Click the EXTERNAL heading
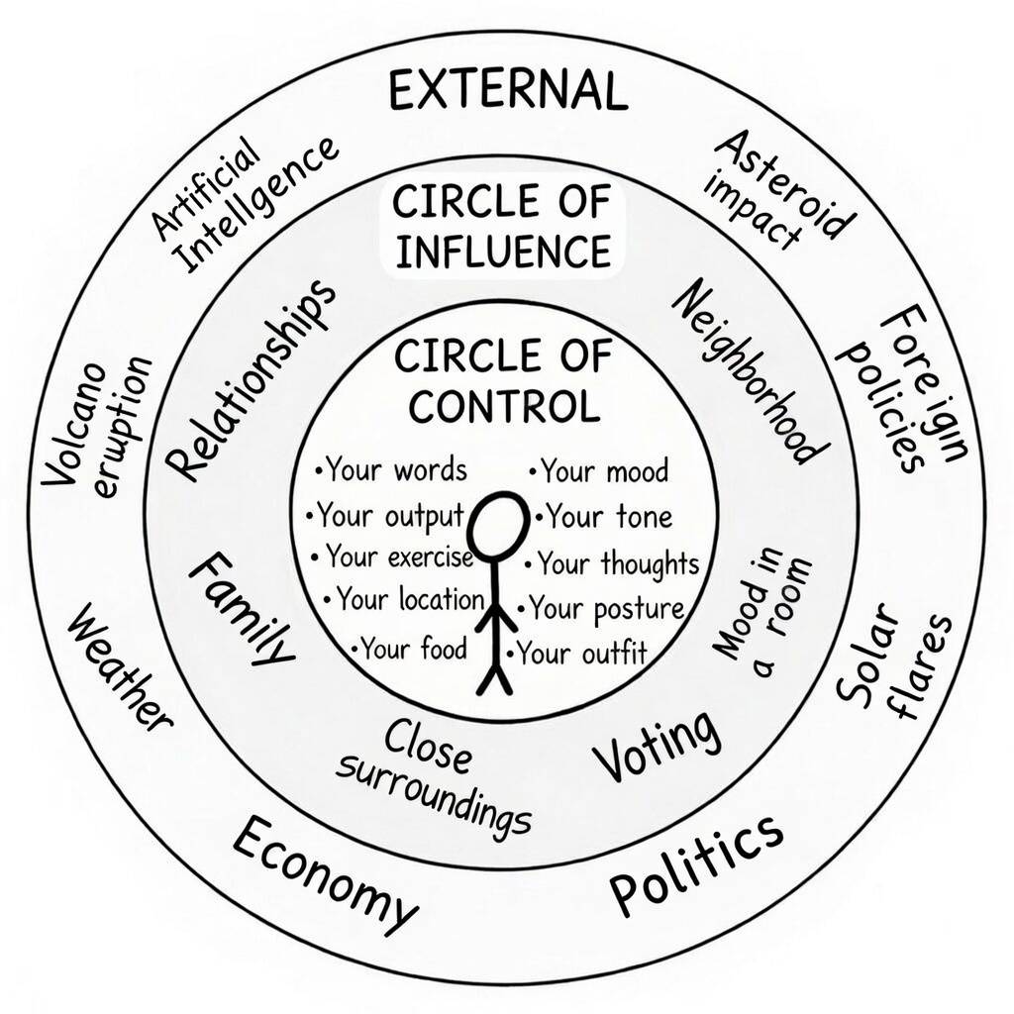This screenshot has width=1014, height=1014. [x=508, y=91]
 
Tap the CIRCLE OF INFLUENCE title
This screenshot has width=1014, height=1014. [x=500, y=227]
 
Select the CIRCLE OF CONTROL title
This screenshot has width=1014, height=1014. [x=504, y=380]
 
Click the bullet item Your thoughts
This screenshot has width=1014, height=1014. [x=616, y=564]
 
